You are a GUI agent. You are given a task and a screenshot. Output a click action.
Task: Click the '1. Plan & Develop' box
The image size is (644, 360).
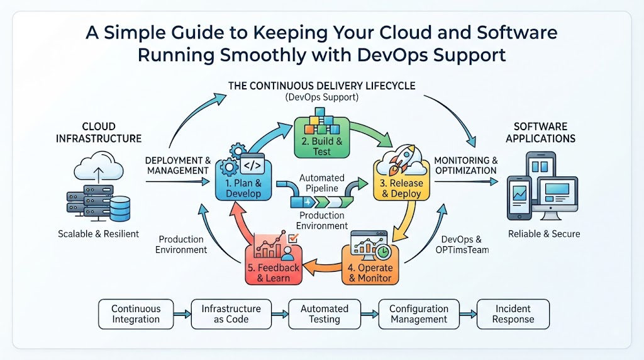(x=243, y=181)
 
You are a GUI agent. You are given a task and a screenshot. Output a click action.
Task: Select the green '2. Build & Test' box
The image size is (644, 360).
(x=321, y=138)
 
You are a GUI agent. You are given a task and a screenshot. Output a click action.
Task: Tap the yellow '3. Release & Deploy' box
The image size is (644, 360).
(x=401, y=181)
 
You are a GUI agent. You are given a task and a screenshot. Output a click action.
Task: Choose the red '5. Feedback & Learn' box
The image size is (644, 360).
(x=274, y=265)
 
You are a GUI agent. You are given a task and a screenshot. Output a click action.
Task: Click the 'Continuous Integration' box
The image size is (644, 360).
(x=136, y=314)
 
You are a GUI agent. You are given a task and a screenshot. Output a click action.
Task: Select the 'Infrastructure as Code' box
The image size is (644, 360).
(x=231, y=314)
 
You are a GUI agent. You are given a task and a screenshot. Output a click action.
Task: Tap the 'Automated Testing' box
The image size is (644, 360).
(x=325, y=314)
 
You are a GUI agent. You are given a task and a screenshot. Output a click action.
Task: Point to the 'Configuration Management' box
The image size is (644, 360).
(x=419, y=314)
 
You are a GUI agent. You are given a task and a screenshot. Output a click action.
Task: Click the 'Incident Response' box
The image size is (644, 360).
(x=513, y=314)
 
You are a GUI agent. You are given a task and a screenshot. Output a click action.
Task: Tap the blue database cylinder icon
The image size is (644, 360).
(x=120, y=209)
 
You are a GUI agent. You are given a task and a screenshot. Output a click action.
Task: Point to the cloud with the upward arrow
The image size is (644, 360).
(x=99, y=166)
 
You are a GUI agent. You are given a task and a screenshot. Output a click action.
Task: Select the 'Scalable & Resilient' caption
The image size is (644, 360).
(x=99, y=234)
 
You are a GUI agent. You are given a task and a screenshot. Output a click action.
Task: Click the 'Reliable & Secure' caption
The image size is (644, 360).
(x=544, y=234)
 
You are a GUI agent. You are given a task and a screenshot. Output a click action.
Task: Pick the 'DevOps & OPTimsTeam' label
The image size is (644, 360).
(x=462, y=245)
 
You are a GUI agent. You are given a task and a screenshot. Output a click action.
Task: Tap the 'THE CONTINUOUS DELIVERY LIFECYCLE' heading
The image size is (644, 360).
(x=321, y=86)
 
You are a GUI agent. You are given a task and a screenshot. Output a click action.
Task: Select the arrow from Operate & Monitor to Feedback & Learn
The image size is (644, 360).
(x=323, y=266)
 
